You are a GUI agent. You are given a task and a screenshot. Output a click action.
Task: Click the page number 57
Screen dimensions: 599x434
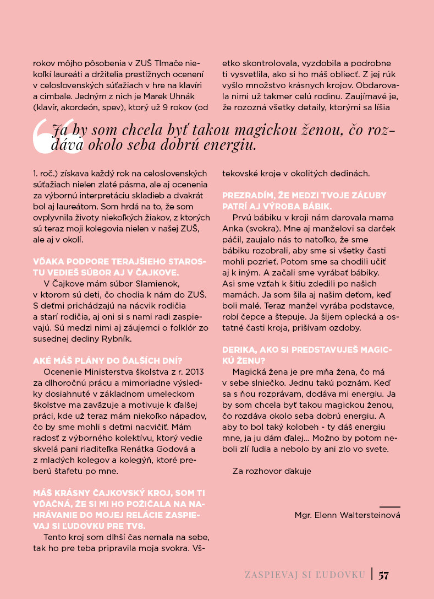(383, 575)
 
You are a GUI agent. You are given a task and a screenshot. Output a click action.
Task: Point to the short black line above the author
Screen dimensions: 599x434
(389, 506)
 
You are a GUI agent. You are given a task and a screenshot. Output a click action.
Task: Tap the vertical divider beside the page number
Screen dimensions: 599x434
(372, 574)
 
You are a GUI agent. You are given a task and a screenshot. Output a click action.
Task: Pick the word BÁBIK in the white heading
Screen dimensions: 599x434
(315, 206)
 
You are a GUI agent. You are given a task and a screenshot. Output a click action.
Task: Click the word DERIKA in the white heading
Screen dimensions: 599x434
(239, 349)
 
